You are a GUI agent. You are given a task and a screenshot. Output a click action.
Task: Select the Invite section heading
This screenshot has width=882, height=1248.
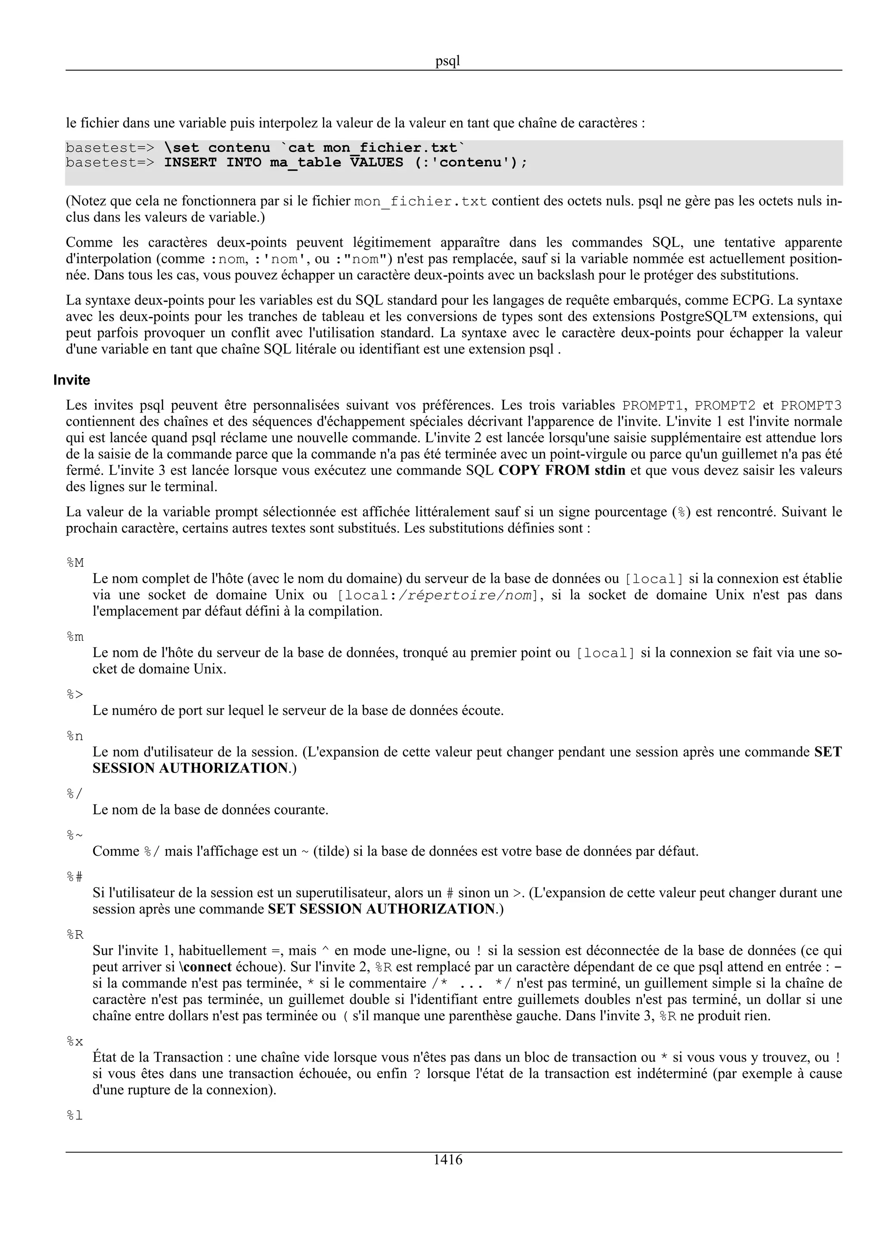[72, 380]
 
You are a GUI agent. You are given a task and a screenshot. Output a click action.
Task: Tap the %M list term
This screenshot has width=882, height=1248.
[75, 562]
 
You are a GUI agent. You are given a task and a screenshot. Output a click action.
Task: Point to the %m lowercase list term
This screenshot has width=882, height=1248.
[75, 636]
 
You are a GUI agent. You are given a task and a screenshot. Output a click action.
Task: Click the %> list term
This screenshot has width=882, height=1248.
[75, 694]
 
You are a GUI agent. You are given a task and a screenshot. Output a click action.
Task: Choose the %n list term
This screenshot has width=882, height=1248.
[75, 736]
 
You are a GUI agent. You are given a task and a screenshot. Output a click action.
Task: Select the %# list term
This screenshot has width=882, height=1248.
[75, 876]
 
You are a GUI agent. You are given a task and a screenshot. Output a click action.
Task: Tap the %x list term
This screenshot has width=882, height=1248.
[75, 1041]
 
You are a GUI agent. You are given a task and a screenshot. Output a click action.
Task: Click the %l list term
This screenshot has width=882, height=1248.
[75, 1115]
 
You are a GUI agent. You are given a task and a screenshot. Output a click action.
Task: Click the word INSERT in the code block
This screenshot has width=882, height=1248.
[190, 162]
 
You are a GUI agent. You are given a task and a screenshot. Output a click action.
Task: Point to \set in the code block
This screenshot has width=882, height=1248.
[181, 148]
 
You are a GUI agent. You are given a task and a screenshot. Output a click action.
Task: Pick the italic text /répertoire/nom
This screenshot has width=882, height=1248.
[465, 595]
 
